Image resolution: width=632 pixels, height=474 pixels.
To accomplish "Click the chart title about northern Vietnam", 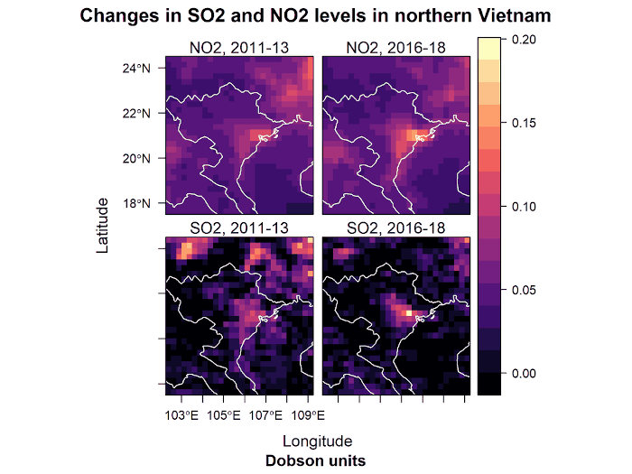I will (x=316, y=16).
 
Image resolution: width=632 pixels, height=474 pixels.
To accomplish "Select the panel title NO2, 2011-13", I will (x=238, y=48).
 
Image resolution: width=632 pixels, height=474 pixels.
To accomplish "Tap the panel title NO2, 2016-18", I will (x=395, y=48).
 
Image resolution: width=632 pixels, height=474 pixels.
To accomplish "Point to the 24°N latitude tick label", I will (x=143, y=68).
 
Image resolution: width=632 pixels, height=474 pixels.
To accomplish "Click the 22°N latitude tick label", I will (x=143, y=113).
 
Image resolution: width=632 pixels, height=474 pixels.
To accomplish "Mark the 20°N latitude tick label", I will (x=143, y=158).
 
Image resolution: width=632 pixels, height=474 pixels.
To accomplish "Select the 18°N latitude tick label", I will (x=143, y=203).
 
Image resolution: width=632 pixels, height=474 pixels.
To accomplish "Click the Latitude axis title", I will (x=104, y=225).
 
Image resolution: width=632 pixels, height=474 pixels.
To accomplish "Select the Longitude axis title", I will (x=317, y=441).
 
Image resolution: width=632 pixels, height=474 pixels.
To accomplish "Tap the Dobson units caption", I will (x=317, y=460).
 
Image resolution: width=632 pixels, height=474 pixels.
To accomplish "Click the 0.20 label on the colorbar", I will (x=524, y=39).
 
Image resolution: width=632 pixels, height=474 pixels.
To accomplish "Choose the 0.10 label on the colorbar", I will (x=524, y=206).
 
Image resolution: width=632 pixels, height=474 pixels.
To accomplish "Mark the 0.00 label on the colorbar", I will (x=524, y=373).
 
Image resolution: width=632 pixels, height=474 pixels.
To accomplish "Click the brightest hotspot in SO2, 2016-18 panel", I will (x=409, y=312).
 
